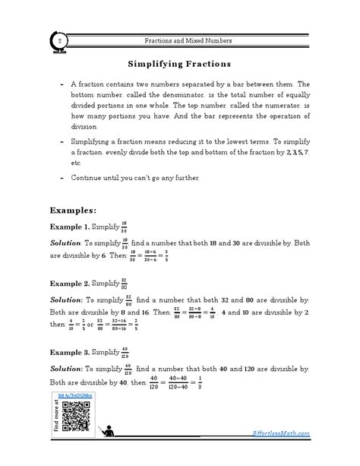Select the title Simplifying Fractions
coord(179,65)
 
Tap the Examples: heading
coord(73,209)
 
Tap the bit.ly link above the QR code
coord(75,397)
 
